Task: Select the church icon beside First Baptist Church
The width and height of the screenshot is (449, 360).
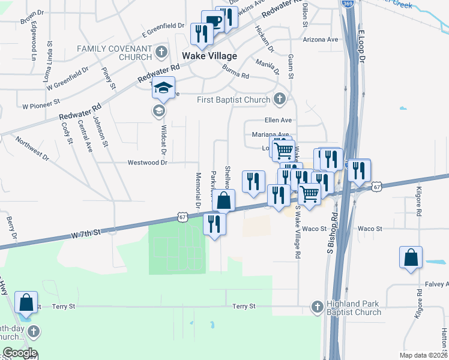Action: [x=279, y=98]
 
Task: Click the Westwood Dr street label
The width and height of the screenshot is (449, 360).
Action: [x=146, y=163]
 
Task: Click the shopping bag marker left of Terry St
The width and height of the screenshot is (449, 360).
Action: [x=26, y=302]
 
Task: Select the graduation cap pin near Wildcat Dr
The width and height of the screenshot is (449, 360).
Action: [x=163, y=88]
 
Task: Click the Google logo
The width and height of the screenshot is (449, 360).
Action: [x=19, y=353]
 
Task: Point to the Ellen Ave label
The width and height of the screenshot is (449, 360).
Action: [x=278, y=120]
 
